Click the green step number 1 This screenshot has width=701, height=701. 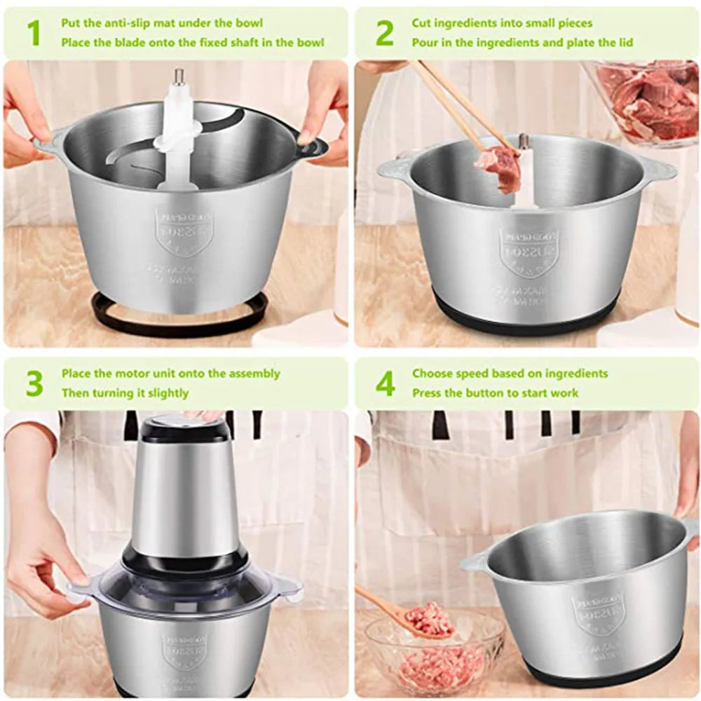[33, 33]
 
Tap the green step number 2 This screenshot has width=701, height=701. [385, 33]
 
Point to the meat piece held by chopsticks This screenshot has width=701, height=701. [499, 167]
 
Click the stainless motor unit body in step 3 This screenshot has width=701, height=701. [186, 498]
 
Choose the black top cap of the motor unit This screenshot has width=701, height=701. [186, 429]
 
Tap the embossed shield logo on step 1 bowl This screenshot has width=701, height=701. [184, 231]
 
